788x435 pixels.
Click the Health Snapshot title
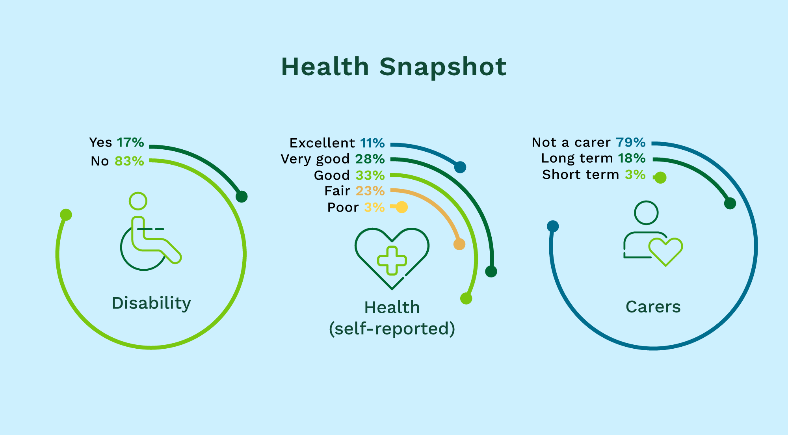pos(394,67)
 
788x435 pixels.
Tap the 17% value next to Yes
pos(130,142)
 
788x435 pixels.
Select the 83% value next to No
pos(129,161)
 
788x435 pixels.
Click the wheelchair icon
pos(150,232)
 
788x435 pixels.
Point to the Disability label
pos(151,303)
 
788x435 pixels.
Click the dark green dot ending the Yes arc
pos(242,196)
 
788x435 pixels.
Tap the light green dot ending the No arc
pos(66,215)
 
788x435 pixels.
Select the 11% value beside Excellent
pos(372,143)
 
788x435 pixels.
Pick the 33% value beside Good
pos(370,175)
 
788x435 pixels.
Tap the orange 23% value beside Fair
pos(370,191)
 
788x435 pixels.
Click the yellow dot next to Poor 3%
pos(401,207)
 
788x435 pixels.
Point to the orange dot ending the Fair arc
pos(459,244)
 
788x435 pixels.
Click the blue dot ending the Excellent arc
pos(460,167)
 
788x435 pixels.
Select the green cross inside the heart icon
pos(392,260)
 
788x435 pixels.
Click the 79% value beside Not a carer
pos(631,142)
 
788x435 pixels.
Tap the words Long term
pos(577,158)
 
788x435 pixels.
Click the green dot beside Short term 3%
pos(660,178)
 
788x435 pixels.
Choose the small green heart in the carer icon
pos(666,251)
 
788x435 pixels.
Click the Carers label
pos(653,307)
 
